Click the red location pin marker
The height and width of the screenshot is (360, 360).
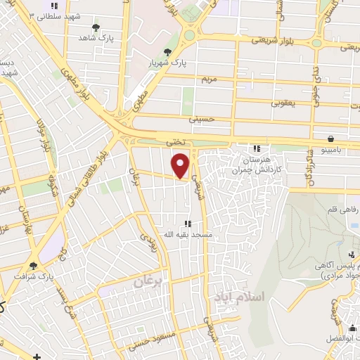(181, 165)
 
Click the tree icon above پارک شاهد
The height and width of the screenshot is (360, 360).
(96, 27)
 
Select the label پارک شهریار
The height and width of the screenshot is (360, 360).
(169, 62)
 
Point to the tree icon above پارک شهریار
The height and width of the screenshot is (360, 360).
(167, 52)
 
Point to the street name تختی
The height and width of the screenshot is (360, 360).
(174, 142)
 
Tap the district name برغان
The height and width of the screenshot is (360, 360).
(149, 280)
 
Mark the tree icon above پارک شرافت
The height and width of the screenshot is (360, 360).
(33, 266)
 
